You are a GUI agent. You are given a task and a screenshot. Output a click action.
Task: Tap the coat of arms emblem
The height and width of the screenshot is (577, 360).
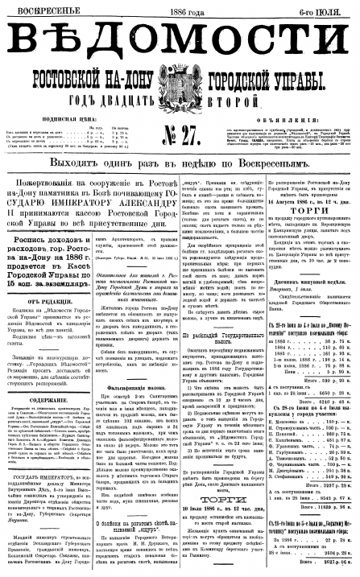click(181, 87)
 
